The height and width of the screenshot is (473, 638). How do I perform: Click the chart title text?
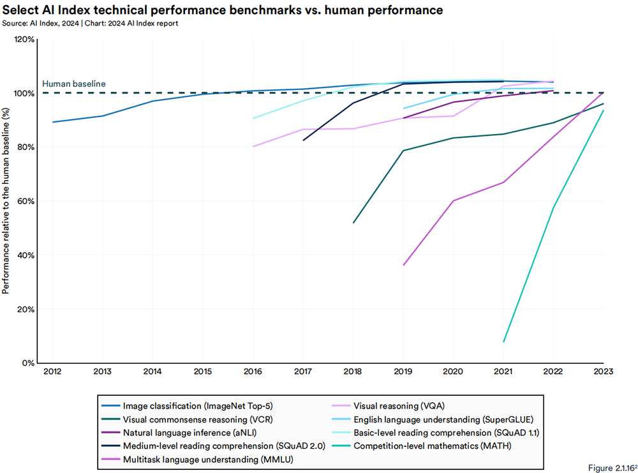tap(223, 11)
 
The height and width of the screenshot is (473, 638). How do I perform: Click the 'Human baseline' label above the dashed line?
tap(74, 84)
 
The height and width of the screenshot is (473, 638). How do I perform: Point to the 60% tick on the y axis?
tap(26, 201)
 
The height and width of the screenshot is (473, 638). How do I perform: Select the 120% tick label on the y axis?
tap(24, 39)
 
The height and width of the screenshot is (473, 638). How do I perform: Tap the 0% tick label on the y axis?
tap(28, 363)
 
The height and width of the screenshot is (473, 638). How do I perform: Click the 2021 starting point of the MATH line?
tap(503, 342)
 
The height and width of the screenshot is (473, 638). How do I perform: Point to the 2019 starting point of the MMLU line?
tap(403, 265)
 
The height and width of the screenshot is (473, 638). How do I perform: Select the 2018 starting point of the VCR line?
tap(353, 223)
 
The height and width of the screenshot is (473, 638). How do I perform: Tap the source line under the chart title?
tap(90, 24)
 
